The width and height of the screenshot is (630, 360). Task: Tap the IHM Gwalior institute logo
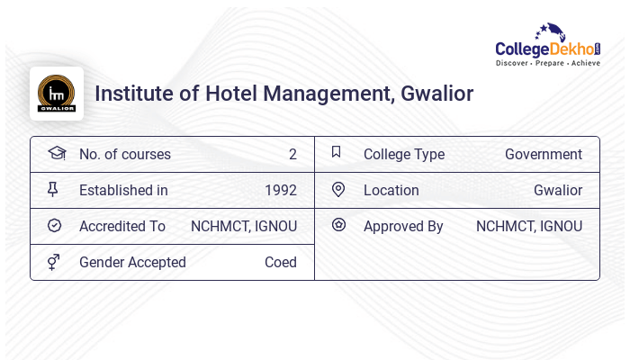coord(57,94)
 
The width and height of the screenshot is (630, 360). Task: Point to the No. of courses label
coord(125,155)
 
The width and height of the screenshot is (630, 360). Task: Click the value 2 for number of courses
coord(292,155)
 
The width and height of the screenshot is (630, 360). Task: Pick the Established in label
coord(123,191)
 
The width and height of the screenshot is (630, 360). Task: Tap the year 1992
coord(281,191)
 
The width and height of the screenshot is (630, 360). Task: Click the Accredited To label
coord(122,227)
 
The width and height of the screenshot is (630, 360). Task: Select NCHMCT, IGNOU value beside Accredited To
coord(244,227)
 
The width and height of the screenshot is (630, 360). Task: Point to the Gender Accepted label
coord(132,263)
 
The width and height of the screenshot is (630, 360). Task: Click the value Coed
coord(281,263)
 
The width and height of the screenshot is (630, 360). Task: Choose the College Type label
coord(404,155)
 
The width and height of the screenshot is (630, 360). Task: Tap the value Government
coord(544,155)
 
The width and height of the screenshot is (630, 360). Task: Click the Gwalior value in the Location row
coord(558,191)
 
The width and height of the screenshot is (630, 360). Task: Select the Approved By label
coord(403,227)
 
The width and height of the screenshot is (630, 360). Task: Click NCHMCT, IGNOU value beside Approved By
coord(529,227)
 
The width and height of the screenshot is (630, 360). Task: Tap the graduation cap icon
coord(56,153)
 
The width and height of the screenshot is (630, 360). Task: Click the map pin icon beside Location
coord(338,190)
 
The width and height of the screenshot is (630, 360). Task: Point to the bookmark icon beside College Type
coord(337,152)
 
